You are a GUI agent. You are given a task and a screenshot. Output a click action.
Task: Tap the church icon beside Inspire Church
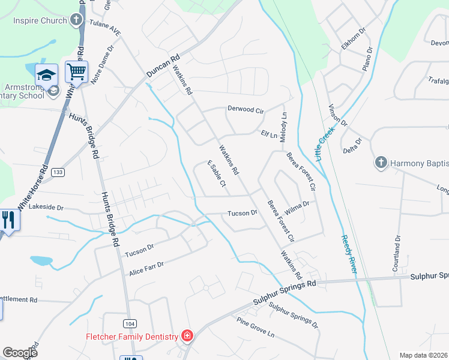(76, 20)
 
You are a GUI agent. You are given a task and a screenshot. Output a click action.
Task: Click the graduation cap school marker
(47, 75)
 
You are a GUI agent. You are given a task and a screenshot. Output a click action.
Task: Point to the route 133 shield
(58, 172)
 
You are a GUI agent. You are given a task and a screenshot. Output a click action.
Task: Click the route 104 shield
(129, 323)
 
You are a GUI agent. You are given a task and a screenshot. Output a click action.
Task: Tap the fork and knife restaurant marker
(8, 220)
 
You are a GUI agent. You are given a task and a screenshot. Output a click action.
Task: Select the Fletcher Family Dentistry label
(133, 336)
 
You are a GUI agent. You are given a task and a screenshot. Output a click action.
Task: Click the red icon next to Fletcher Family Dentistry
(187, 335)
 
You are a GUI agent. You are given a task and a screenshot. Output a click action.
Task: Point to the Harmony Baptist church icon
(380, 162)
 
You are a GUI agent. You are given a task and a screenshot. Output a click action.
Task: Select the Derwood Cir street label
(246, 110)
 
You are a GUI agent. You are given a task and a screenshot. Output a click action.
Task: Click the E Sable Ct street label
(216, 174)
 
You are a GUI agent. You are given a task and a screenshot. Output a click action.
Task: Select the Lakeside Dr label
(46, 207)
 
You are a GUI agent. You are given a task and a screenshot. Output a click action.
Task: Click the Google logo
(20, 353)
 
